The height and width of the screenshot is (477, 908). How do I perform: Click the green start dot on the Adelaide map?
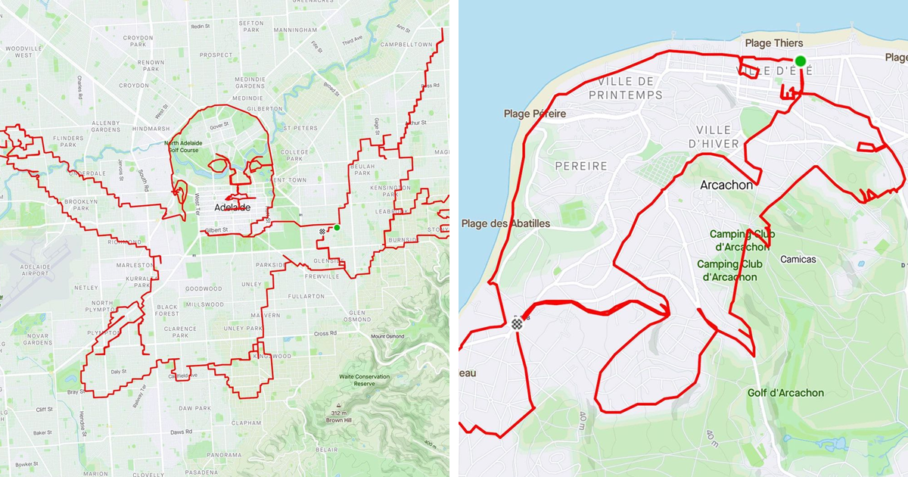pos(337,227)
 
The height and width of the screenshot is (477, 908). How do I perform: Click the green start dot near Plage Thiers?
pos(800,61)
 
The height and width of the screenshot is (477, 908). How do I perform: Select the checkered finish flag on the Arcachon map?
pos(517,324)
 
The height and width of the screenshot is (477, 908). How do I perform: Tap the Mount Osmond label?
pos(389,337)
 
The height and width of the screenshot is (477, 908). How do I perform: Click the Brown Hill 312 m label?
pos(338,416)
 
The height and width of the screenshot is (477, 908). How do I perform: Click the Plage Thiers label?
pos(773,43)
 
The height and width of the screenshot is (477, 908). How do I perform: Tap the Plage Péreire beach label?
pos(534,114)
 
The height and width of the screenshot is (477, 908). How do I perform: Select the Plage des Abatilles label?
pos(505,223)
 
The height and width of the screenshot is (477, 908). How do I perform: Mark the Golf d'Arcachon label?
pos(785,393)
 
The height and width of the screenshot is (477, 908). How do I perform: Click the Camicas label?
pos(798,260)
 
